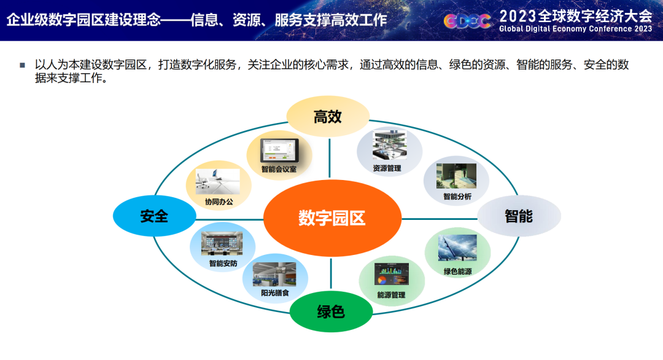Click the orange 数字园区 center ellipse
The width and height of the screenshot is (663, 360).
click(332, 218)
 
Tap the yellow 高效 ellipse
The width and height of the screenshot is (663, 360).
click(328, 116)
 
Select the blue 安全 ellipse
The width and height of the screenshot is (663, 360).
click(154, 216)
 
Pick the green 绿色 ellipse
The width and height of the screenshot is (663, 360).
click(331, 311)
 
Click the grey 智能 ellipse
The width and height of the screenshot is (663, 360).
click(519, 216)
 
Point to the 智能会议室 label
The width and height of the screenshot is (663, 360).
click(279, 169)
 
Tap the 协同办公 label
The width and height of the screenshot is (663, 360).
click(219, 201)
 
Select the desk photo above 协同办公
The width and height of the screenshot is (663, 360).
click(218, 182)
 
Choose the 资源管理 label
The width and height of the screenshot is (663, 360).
click(387, 168)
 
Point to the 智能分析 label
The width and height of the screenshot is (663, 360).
click(457, 197)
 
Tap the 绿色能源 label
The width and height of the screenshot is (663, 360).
click(457, 271)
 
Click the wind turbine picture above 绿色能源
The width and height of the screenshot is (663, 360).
click(457, 249)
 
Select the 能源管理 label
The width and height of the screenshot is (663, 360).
click(392, 295)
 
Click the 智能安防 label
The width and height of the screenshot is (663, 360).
click(223, 264)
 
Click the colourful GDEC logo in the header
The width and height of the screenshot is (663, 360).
click(467, 20)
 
